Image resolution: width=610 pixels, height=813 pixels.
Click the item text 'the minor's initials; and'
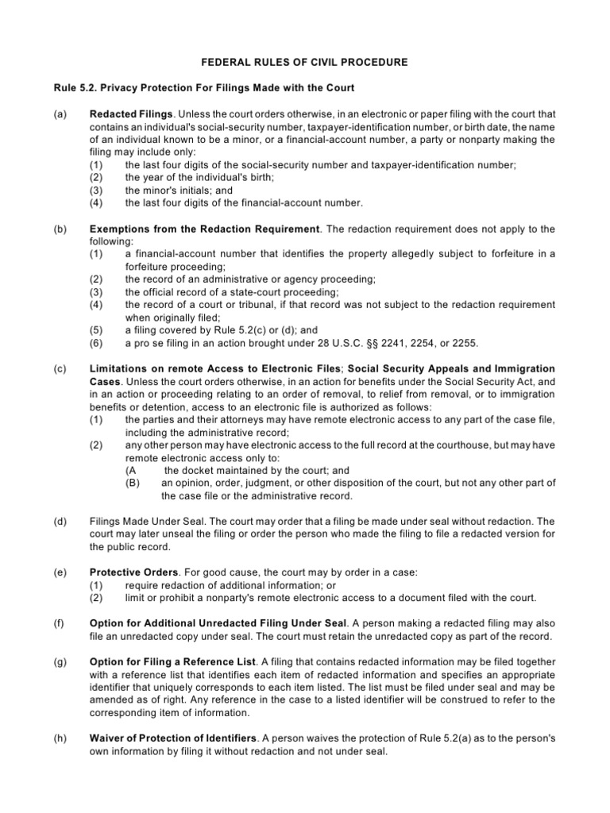(x=179, y=191)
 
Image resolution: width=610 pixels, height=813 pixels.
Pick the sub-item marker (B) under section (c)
(x=133, y=483)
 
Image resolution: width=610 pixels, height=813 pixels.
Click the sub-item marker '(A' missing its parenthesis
(x=132, y=470)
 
